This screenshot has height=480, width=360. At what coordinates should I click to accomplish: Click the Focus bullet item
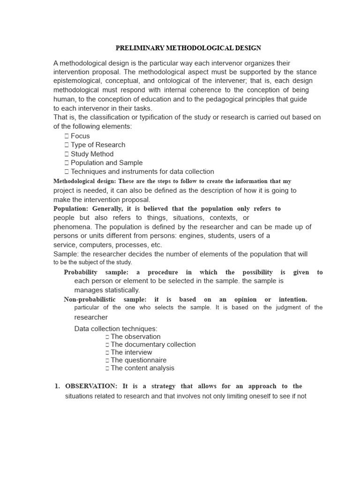(80, 136)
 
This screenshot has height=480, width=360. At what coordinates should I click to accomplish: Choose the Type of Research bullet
(98, 145)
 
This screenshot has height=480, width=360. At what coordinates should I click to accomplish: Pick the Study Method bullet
(92, 154)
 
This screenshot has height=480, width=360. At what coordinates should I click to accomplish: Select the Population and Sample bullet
(106, 163)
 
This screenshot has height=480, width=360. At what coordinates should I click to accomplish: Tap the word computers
(97, 245)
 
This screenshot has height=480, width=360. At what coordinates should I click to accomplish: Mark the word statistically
(121, 290)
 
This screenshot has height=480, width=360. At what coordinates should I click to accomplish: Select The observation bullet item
(135, 337)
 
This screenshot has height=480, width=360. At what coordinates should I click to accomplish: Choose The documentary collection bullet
(153, 345)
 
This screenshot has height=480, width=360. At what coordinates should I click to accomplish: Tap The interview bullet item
(131, 352)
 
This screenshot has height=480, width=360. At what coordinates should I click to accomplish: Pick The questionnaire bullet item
(138, 360)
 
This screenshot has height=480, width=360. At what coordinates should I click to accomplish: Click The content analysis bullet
(142, 368)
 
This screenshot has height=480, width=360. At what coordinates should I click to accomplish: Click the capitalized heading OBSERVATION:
(91, 386)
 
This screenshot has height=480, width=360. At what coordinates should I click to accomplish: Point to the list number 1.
(57, 386)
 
